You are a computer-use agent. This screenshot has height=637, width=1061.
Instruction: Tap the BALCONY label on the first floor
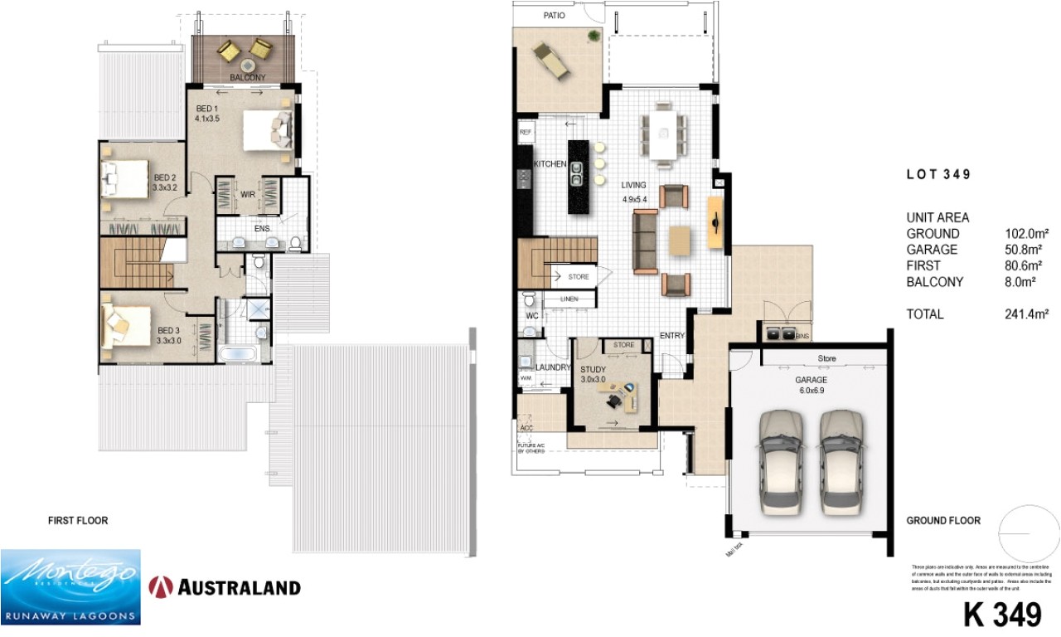coord(247,78)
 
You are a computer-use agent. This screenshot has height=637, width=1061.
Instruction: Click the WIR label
coord(247,195)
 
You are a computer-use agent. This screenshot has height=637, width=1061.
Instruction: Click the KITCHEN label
coord(550,164)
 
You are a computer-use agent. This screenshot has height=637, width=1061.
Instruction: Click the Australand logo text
coord(236,588)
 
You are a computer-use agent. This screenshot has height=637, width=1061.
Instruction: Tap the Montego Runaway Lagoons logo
coord(70,586)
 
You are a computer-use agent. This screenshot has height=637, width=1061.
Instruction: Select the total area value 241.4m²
coord(1027,314)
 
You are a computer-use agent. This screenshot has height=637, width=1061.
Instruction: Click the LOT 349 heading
coord(937,175)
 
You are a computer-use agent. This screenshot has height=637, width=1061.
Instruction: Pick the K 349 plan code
coord(1001,615)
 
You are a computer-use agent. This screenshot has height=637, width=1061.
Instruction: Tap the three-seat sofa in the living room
coord(645,241)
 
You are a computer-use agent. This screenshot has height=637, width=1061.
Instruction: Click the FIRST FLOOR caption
coord(78,521)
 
